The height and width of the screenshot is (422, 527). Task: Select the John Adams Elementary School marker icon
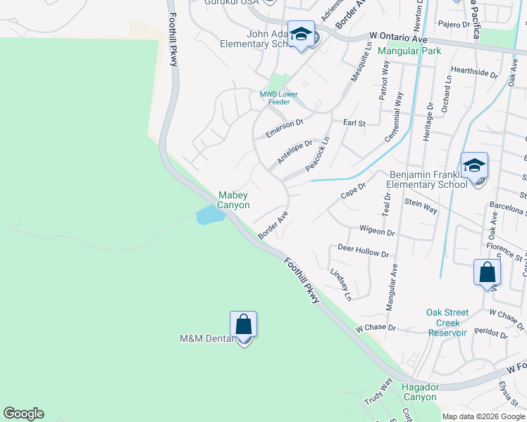[x=301, y=35]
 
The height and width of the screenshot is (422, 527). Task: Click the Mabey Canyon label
[x=233, y=200]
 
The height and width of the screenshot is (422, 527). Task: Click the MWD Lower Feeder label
[x=279, y=98]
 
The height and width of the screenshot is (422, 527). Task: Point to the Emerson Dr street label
[x=284, y=129]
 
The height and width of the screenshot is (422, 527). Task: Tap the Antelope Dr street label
[x=294, y=151]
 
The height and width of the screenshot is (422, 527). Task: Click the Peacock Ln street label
[x=318, y=153]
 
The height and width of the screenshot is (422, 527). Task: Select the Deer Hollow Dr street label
[x=363, y=251]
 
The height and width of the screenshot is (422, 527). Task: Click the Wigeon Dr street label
[x=377, y=231]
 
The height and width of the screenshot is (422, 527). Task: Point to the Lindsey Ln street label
[x=341, y=284]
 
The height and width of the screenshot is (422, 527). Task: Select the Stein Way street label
[x=421, y=206]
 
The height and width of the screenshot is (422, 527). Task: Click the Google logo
[x=23, y=414]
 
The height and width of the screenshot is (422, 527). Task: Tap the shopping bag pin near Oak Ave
[x=487, y=273]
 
